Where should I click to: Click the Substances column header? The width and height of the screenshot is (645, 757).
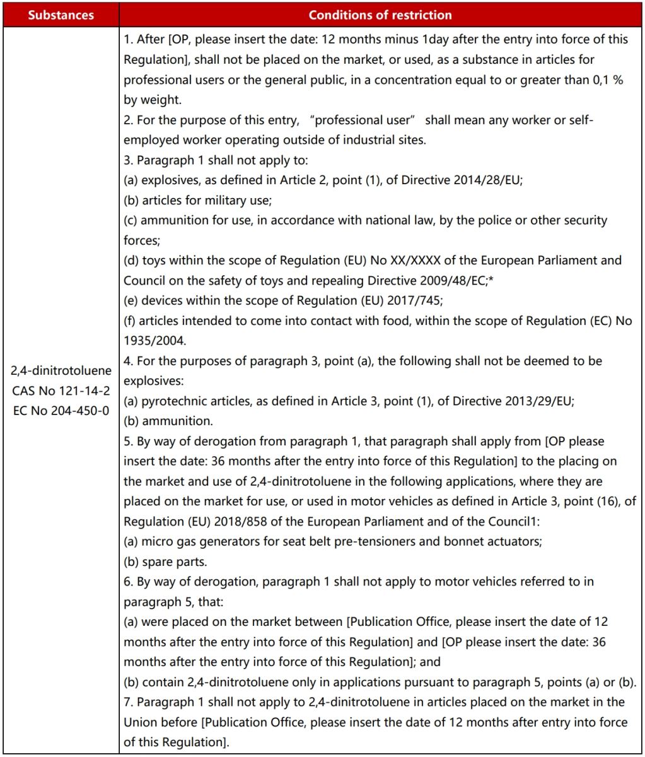tap(60, 15)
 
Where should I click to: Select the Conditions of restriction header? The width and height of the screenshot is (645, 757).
tap(380, 15)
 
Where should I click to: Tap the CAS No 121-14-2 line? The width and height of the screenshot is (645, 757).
tap(61, 390)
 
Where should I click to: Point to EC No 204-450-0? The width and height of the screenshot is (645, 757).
tap(61, 410)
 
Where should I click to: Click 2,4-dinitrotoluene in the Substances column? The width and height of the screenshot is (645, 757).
tap(61, 370)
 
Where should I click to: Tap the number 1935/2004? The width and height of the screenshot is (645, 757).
tap(155, 341)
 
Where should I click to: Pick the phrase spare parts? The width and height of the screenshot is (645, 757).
tap(168, 561)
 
